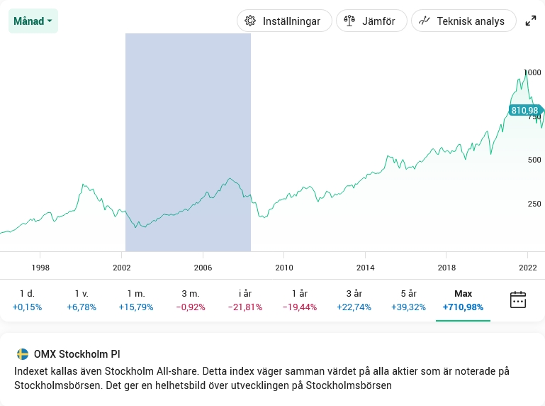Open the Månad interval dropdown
33,21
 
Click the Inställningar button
284,21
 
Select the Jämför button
371,21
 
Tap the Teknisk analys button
463,21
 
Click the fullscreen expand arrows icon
531,21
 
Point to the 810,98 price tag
524,110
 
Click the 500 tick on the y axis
534,160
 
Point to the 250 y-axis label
534,204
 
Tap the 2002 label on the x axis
122,267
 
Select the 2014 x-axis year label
366,267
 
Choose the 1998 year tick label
40,267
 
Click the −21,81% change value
245,307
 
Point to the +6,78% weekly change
82,307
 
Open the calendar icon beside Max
518,300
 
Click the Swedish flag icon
23,354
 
